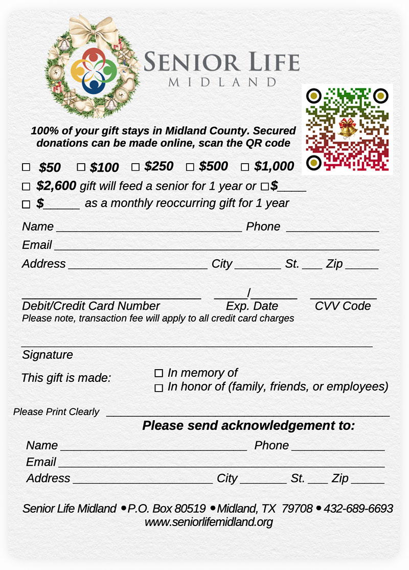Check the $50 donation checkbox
coord(26,167)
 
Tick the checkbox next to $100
coord(81,167)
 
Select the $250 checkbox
coord(135,167)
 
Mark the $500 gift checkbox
coord(190,167)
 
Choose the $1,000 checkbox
coord(245,167)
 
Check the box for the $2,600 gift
coord(26,187)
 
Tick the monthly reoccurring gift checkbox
coord(26,204)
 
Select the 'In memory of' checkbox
coord(158,373)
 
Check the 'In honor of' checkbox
coord(158,388)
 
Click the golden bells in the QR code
coord(347,128)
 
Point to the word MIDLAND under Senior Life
coord(222,82)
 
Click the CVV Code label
coord(343,306)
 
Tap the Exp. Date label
coord(252,306)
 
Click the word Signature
coord(48,355)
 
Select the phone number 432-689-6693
coord(358,509)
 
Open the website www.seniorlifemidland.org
coord(209,522)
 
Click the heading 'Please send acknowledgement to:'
coord(248,425)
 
